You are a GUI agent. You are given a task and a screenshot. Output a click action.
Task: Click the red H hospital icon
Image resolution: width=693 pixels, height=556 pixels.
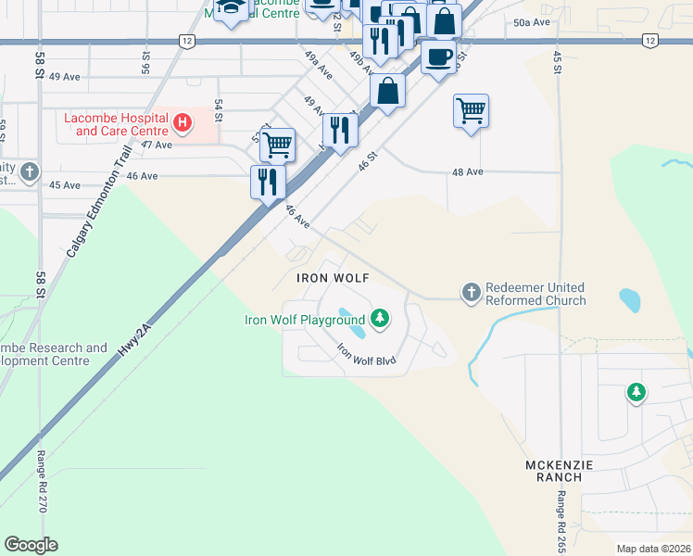click(183, 121)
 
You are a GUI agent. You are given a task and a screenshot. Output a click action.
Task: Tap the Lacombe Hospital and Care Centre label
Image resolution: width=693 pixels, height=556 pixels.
click(116, 124)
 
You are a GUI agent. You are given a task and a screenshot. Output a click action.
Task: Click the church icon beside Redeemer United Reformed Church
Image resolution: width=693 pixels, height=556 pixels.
click(471, 293)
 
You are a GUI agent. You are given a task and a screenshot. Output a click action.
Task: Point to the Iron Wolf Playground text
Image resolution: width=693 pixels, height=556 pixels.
click(304, 321)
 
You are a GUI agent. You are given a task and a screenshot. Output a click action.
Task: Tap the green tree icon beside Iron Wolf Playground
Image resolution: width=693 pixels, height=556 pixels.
click(379, 320)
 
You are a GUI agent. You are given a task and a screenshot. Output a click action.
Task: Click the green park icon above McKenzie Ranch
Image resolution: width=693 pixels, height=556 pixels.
click(636, 393)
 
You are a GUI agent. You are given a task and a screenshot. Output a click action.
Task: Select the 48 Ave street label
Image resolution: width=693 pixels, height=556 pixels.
click(467, 171)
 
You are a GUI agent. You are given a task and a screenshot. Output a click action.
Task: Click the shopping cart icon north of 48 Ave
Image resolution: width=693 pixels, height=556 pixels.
click(471, 111)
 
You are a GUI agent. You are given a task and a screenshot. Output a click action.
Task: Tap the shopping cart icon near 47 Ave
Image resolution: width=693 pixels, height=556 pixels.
click(277, 145)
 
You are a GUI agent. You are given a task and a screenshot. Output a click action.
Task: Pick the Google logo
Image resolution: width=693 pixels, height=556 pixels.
click(31, 545)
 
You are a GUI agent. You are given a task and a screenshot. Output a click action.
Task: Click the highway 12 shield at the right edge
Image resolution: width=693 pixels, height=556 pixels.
click(649, 41)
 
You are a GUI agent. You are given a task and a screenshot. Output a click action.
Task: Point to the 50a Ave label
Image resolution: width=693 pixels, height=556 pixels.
click(532, 21)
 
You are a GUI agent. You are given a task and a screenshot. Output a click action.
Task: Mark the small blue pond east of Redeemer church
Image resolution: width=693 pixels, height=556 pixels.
click(629, 300)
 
